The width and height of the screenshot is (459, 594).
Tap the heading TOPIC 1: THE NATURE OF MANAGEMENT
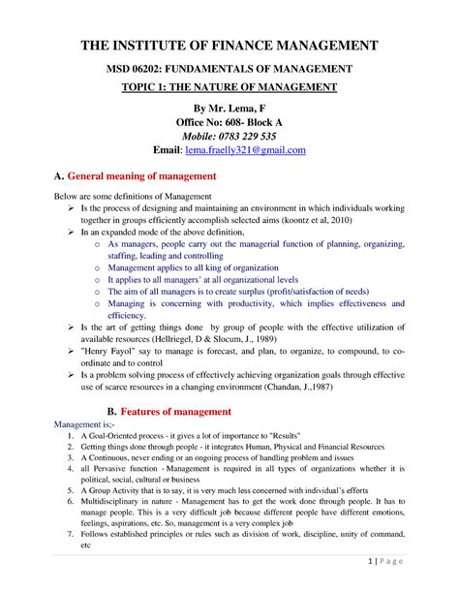(229, 87)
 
